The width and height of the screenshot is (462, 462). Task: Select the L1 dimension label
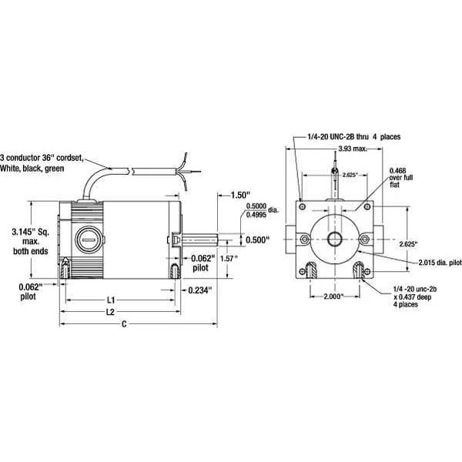click(x=110, y=298)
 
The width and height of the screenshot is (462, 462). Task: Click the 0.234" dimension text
click(x=202, y=290)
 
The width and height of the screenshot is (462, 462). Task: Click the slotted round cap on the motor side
click(x=88, y=239)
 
